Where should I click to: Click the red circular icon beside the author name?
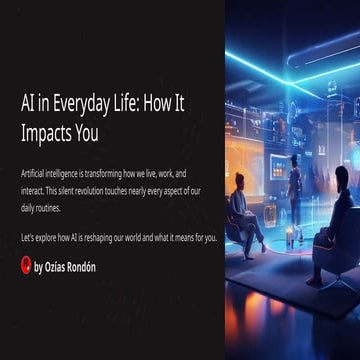tap(26, 265)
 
